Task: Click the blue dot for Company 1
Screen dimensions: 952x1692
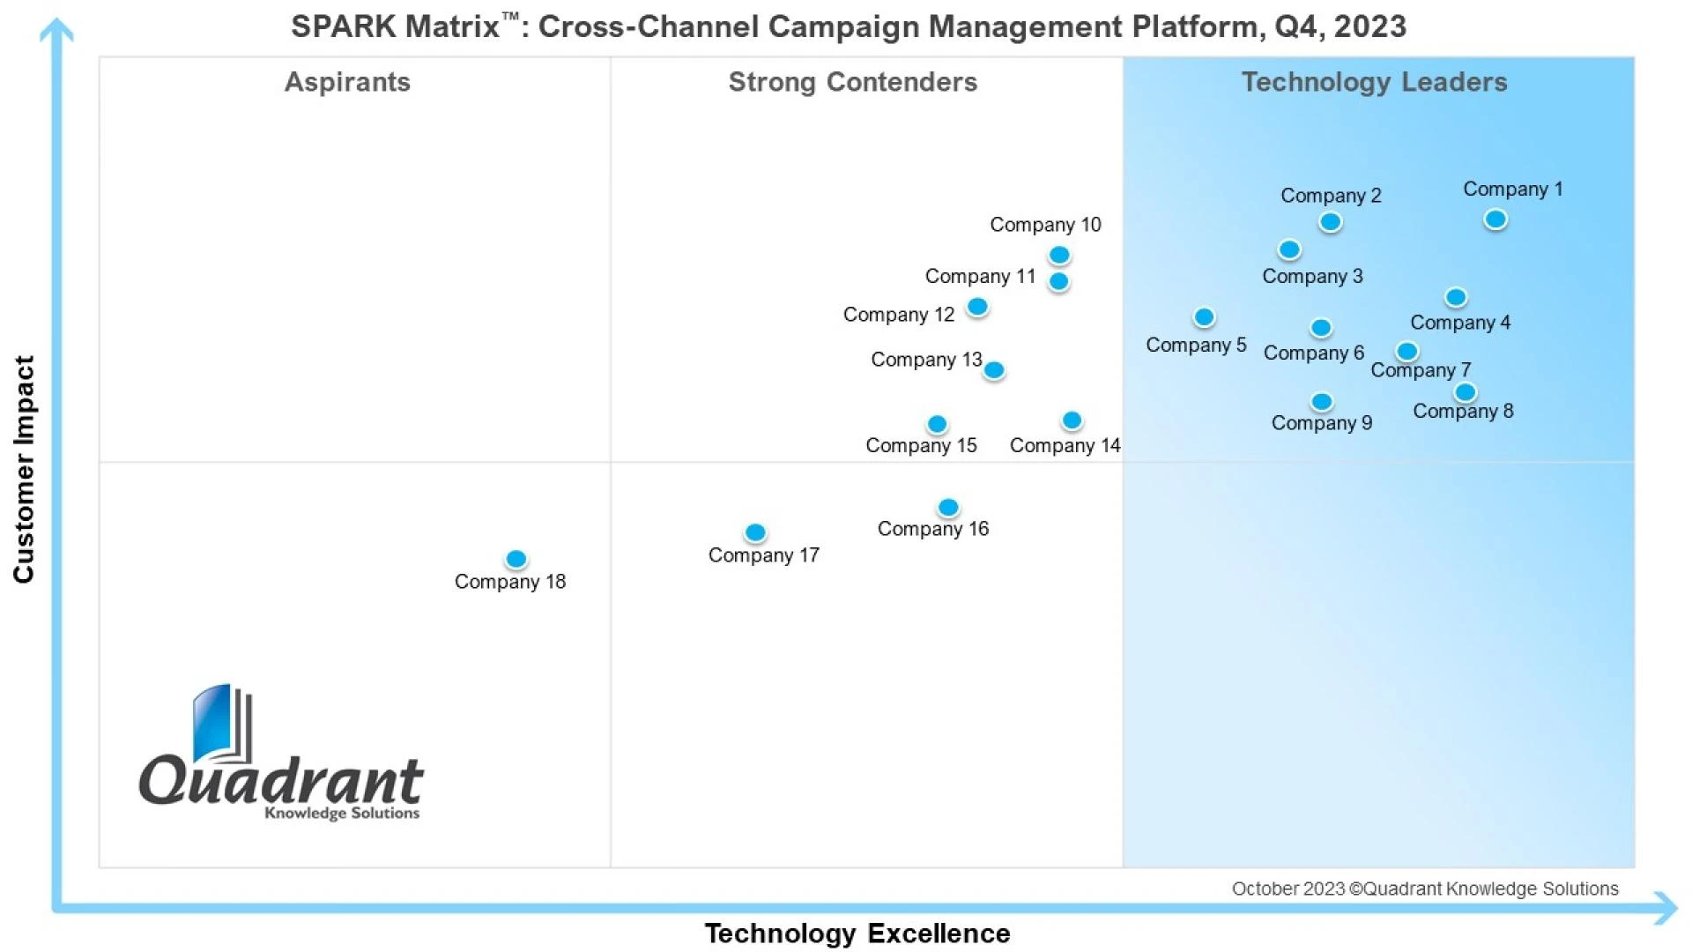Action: (x=1495, y=219)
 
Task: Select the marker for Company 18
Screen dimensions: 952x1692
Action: (x=516, y=559)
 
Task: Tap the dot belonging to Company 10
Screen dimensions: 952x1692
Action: (x=1059, y=255)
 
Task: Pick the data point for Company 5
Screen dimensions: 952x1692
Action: (x=1204, y=316)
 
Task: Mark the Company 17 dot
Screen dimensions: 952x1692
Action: (x=755, y=532)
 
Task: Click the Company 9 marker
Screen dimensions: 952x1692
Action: (x=1321, y=402)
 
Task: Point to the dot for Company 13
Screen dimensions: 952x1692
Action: (x=994, y=370)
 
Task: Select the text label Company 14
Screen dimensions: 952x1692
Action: (x=1065, y=445)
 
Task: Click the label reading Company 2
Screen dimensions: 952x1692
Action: (x=1331, y=195)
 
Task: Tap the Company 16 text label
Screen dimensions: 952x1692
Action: (x=932, y=529)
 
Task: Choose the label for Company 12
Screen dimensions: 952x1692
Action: (x=898, y=315)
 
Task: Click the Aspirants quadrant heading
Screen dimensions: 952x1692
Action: (x=347, y=82)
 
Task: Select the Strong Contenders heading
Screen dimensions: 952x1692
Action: (x=852, y=82)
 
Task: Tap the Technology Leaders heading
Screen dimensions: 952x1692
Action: (x=1374, y=82)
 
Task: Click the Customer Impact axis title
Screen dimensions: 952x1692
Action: (x=24, y=469)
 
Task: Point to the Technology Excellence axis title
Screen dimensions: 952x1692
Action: (x=857, y=933)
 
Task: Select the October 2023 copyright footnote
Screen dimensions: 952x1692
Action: (x=1424, y=889)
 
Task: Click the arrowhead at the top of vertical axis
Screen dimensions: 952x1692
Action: (x=56, y=30)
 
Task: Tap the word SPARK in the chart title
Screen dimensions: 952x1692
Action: (x=343, y=26)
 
